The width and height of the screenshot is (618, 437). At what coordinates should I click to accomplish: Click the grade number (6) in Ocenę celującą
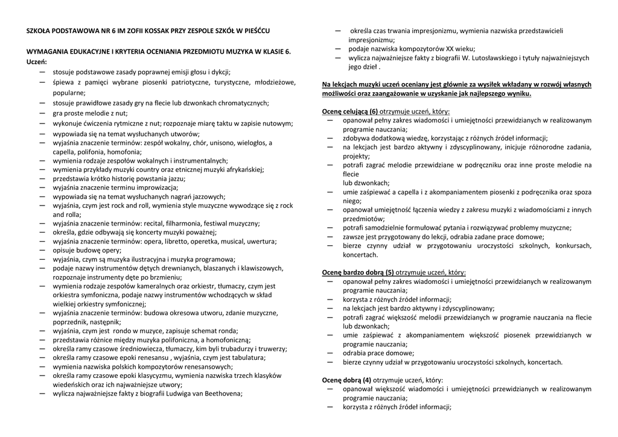pyautogui.click(x=374, y=112)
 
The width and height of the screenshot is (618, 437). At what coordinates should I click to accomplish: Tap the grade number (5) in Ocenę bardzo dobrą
pyautogui.click(x=390, y=272)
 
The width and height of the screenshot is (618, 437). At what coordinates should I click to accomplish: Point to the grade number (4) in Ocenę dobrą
pyautogui.click(x=367, y=380)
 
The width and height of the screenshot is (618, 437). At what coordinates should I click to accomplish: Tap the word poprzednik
pyautogui.click(x=71, y=322)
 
